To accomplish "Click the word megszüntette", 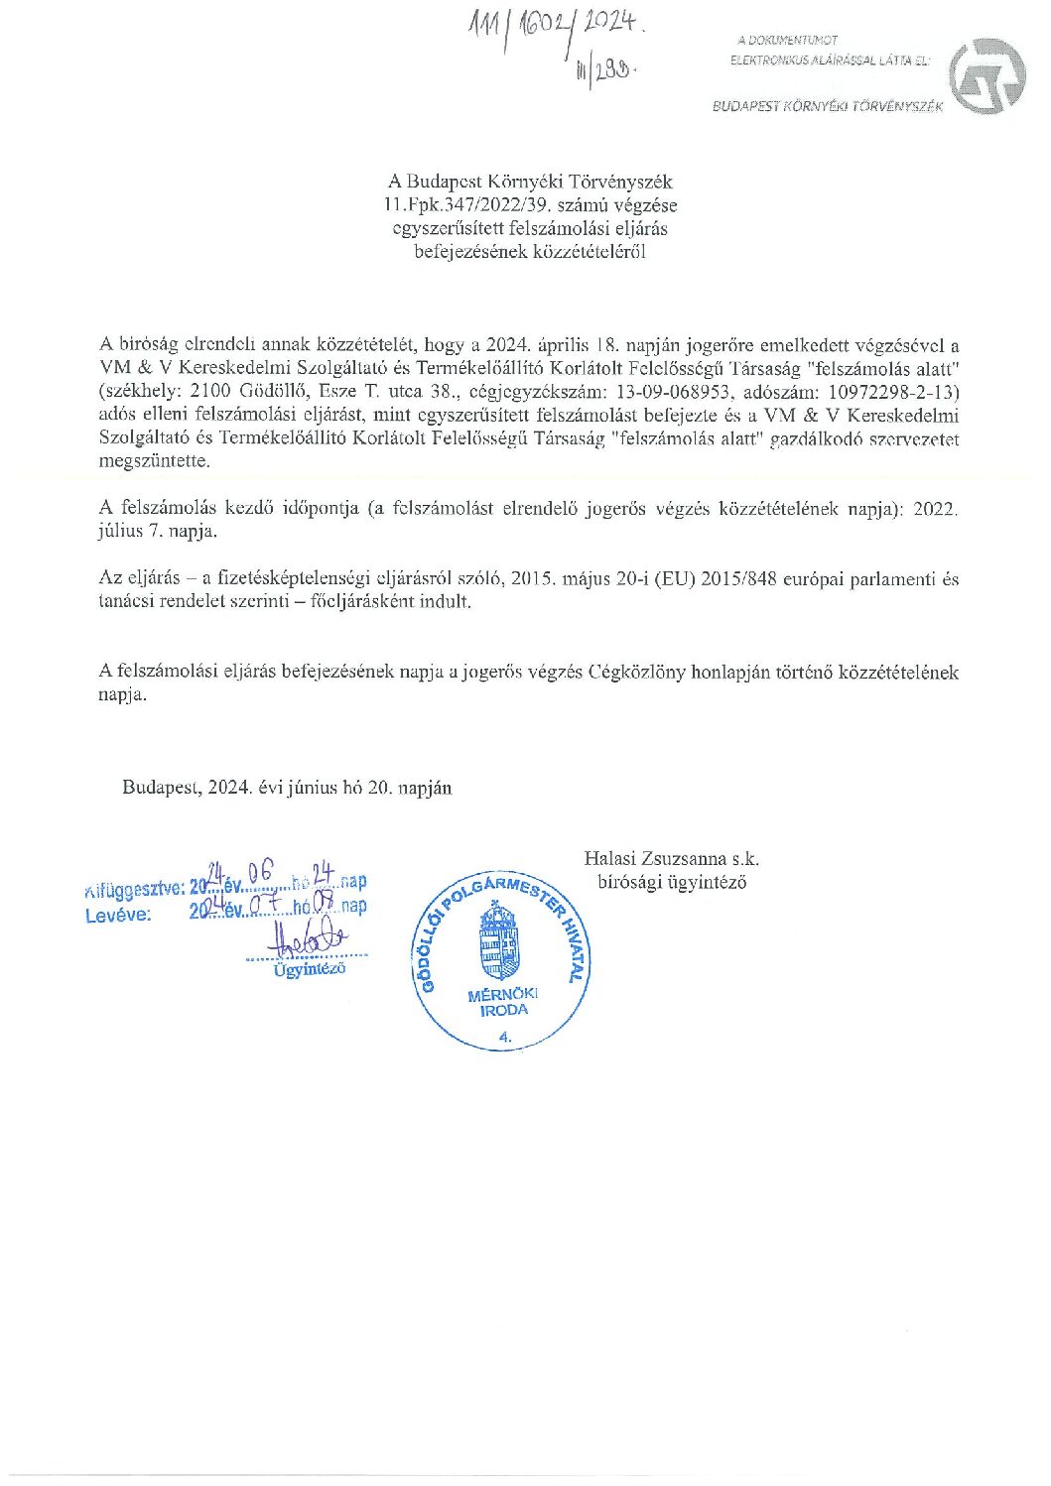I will [154, 461].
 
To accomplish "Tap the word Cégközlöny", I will [636, 672].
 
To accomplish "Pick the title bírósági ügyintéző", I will [672, 882].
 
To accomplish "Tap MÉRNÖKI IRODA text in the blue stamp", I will [503, 1002].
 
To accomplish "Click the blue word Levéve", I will [118, 916].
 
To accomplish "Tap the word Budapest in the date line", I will [161, 788].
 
